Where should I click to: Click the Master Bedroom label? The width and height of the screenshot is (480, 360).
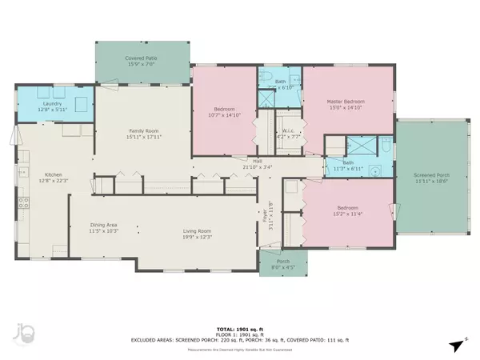point(347,101)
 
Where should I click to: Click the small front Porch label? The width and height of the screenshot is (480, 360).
point(283,260)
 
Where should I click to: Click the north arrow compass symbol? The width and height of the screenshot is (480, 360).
point(455,344)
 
